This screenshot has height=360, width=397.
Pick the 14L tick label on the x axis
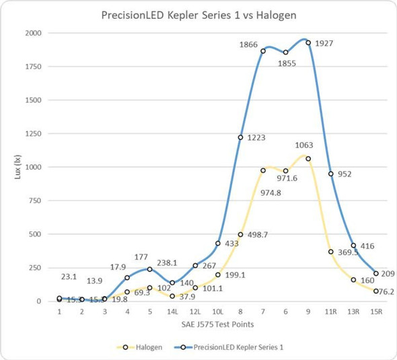pos(172,312)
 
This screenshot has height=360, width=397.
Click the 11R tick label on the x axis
pos(330,312)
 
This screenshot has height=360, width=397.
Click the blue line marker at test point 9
pos(308,43)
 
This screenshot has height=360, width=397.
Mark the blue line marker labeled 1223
pos(240,137)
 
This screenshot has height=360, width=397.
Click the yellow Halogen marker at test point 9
pos(308,159)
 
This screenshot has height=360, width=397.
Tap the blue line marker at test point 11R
pos(330,174)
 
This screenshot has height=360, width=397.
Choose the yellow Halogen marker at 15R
pos(376,291)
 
